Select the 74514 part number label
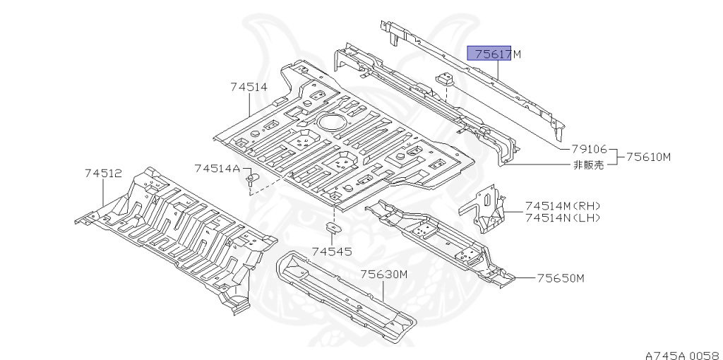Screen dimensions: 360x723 (248, 88)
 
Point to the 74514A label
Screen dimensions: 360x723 (217, 168)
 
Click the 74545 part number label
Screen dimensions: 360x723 (332, 251)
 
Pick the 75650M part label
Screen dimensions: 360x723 (561, 278)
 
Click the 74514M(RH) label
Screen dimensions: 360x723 (562, 205)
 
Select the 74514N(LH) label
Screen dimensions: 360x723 (562, 217)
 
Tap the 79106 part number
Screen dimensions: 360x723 (590, 150)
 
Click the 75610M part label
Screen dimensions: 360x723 (647, 157)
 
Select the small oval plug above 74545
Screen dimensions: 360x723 (332, 227)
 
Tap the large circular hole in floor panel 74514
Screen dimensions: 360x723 (329, 121)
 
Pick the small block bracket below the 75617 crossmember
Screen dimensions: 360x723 (445, 80)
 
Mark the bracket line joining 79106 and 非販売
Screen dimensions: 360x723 (617, 157)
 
